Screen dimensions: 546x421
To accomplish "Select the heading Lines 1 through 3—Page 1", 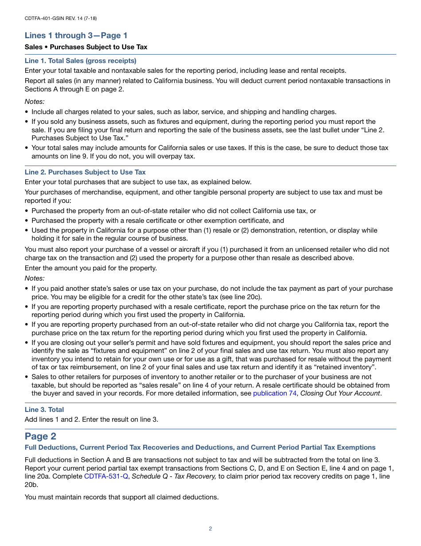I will pos(76,36).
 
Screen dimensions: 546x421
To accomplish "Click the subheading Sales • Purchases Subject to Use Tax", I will pos(86,47).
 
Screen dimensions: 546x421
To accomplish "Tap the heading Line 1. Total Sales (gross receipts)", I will pos(80,61).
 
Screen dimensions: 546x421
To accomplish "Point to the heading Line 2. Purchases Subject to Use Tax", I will pos(85,172).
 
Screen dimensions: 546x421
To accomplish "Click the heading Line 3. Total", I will pos(44,410).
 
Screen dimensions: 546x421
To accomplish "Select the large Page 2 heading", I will pos(40,436).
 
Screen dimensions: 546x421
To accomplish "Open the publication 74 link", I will pos(274,393).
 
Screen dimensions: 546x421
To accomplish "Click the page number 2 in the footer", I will pos(210,529).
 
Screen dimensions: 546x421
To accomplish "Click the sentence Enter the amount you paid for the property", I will pos(91,268).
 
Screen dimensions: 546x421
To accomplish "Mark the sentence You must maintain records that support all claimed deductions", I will pos(121,497).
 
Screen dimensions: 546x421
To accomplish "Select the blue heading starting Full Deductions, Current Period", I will pos(200,447).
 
